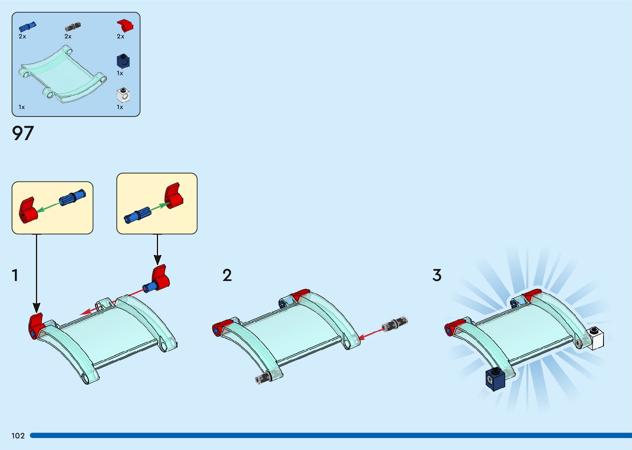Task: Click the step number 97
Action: pyautogui.click(x=23, y=133)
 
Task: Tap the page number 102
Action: pyautogui.click(x=18, y=436)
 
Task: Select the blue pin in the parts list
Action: pyautogui.click(x=27, y=27)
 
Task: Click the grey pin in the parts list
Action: pyautogui.click(x=73, y=27)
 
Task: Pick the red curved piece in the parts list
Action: pyautogui.click(x=125, y=25)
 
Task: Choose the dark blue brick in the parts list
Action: pyautogui.click(x=123, y=61)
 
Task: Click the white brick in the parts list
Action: pyautogui.click(x=123, y=95)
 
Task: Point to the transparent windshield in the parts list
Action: pyautogui.click(x=62, y=74)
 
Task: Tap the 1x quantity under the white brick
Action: pyautogui.click(x=120, y=107)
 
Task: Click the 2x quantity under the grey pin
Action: pyautogui.click(x=68, y=36)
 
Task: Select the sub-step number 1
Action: pyautogui.click(x=15, y=275)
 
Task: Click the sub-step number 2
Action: pyautogui.click(x=227, y=275)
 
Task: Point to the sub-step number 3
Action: pyautogui.click(x=437, y=275)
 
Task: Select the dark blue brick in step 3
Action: pyautogui.click(x=495, y=379)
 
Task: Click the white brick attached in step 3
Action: pyautogui.click(x=595, y=338)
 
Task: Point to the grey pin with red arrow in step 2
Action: pyautogui.click(x=394, y=325)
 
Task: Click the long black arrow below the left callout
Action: pyautogui.click(x=37, y=273)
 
